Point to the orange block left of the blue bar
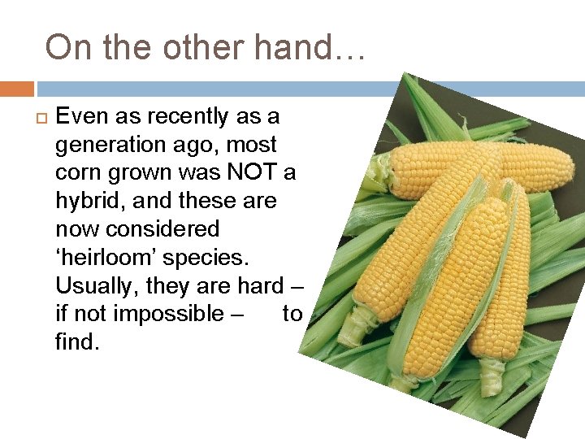pos(16,89)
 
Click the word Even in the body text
pos(82,116)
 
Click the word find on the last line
pos(76,342)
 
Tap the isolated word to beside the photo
pos(292,314)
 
